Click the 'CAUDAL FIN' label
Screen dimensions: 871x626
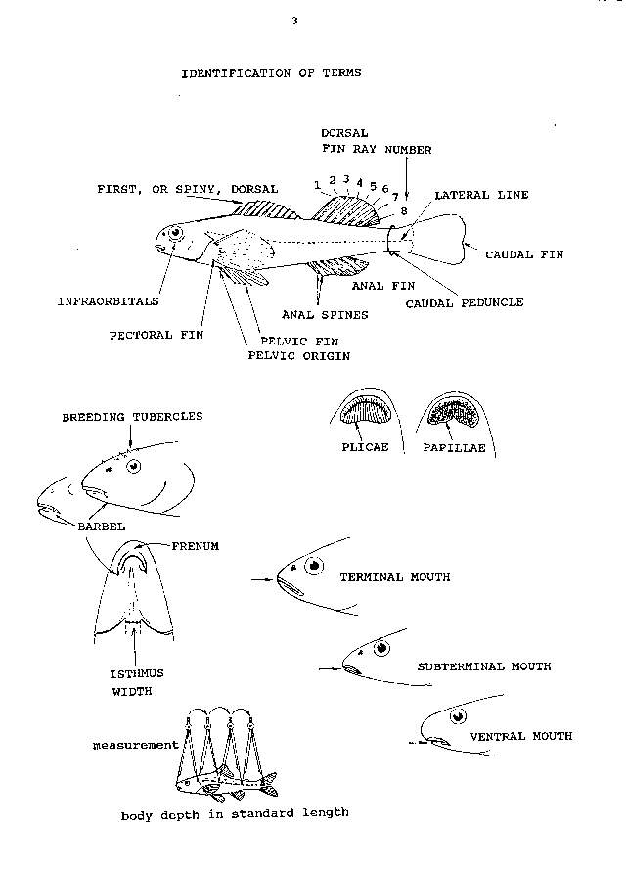pos(525,254)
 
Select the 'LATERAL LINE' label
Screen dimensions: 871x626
pos(481,196)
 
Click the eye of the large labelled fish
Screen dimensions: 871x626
pos(176,235)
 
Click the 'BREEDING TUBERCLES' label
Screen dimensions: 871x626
pos(133,417)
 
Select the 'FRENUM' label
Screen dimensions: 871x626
pos(197,547)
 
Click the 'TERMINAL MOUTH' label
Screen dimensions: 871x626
pos(394,577)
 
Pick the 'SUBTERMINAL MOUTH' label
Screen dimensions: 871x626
pos(484,666)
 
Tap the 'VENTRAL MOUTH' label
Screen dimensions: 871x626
pos(521,736)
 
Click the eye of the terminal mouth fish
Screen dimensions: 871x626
pos(315,567)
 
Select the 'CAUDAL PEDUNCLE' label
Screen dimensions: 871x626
pos(465,302)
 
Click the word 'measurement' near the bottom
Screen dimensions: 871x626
pos(136,745)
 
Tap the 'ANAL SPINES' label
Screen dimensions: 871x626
pos(325,315)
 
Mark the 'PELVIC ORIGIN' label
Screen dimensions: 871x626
pos(298,357)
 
